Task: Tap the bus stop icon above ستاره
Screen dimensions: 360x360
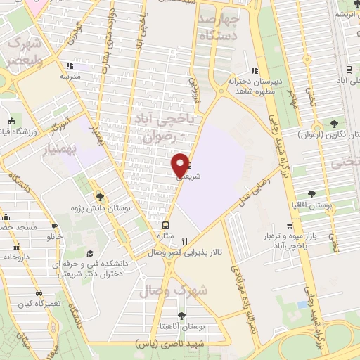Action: [166, 226]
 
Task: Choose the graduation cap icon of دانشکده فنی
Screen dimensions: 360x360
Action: [89, 253]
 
